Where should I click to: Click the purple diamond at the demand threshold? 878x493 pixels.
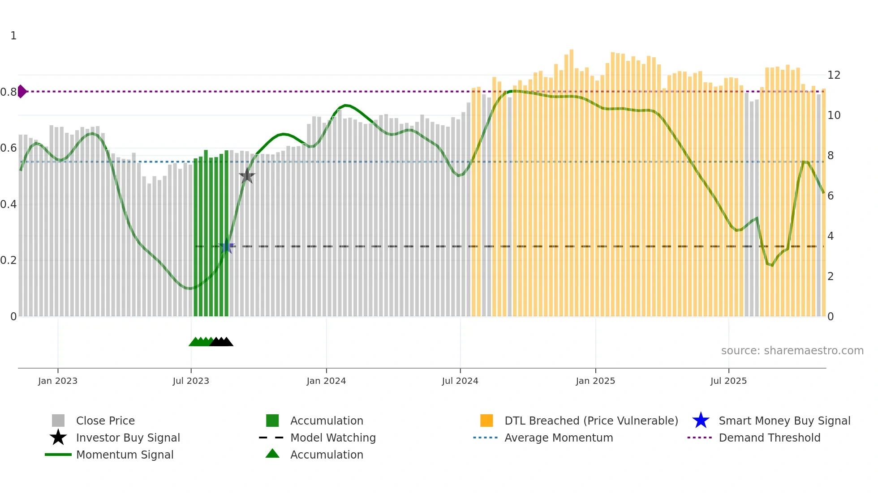point(22,91)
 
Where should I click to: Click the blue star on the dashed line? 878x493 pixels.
point(227,246)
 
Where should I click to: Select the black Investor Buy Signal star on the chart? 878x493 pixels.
point(247,176)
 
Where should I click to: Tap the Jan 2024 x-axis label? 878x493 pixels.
point(326,381)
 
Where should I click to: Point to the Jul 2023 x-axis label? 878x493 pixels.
point(191,381)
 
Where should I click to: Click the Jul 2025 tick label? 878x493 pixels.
point(728,381)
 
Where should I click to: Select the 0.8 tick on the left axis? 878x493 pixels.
point(9,92)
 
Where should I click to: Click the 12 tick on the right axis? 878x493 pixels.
point(834,75)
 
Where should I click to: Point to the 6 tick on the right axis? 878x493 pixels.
point(831,196)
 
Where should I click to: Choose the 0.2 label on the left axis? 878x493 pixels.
point(9,260)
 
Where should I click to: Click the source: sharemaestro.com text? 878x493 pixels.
point(792,351)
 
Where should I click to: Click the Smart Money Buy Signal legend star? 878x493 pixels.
point(701,421)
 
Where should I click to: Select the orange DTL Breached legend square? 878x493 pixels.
point(486,421)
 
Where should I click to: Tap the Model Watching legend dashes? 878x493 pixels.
point(271,438)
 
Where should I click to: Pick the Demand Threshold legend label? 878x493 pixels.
point(769,438)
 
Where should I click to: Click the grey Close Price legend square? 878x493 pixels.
point(58,421)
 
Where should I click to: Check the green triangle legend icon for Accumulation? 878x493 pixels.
point(272,454)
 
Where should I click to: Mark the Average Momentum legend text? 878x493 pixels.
point(559,438)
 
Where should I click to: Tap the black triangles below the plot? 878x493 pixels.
point(222,342)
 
